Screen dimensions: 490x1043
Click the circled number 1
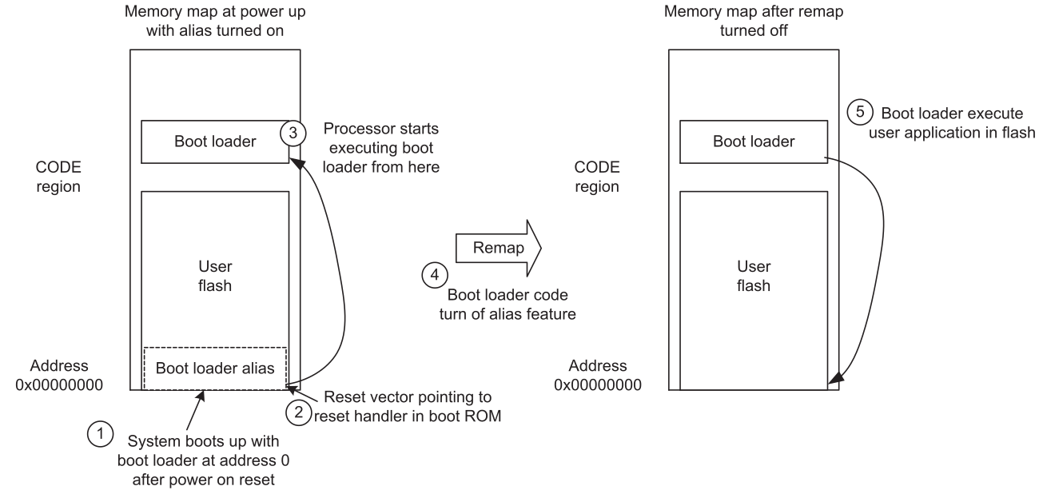[x=98, y=435]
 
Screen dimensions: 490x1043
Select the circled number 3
[x=292, y=133]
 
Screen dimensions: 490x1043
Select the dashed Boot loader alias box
[x=214, y=368]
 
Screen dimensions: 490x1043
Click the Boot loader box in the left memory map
[x=214, y=141]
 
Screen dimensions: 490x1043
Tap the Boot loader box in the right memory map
[x=753, y=141]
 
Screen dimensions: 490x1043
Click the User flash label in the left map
[x=214, y=277]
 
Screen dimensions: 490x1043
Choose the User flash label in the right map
[x=753, y=277]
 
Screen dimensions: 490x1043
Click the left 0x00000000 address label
[x=59, y=375]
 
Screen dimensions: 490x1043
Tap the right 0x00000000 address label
[x=597, y=375]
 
